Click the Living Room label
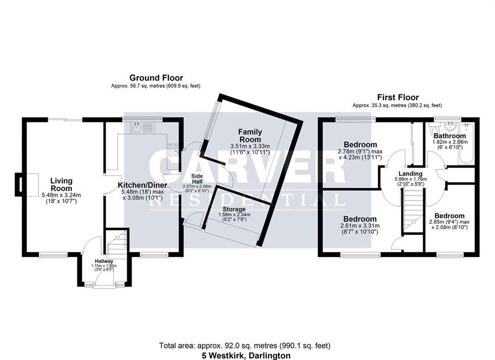(x=61, y=185)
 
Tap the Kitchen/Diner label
(x=142, y=185)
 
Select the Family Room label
(x=250, y=135)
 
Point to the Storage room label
(x=234, y=209)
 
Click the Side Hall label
(x=197, y=179)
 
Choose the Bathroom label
(x=449, y=136)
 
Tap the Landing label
(x=410, y=173)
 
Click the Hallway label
(x=104, y=261)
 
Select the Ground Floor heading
(x=156, y=77)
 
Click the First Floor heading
(x=398, y=97)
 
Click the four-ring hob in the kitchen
(x=173, y=150)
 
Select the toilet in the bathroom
(x=434, y=130)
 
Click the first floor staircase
(x=413, y=209)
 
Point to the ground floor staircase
(x=117, y=243)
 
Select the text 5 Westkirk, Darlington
(x=246, y=355)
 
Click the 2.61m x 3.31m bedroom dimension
(x=360, y=226)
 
